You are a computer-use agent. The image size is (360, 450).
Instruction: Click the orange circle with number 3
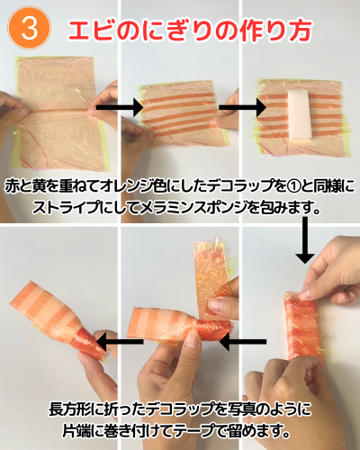click(29, 28)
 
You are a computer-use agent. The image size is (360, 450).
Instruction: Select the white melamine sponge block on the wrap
click(300, 115)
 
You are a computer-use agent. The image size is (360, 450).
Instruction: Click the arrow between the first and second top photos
click(120, 107)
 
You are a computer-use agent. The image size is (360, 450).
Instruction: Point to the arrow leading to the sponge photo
click(243, 107)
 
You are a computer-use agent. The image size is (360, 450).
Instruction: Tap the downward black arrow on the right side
click(305, 240)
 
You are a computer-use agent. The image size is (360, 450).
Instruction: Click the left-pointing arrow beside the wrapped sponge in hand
click(243, 342)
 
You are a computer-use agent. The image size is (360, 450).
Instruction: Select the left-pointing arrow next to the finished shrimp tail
click(120, 341)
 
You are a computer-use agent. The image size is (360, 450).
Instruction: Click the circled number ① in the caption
click(294, 186)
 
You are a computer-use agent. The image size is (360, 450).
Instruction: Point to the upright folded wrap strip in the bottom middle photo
click(211, 279)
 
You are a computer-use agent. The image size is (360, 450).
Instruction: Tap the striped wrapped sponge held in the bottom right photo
click(303, 327)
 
